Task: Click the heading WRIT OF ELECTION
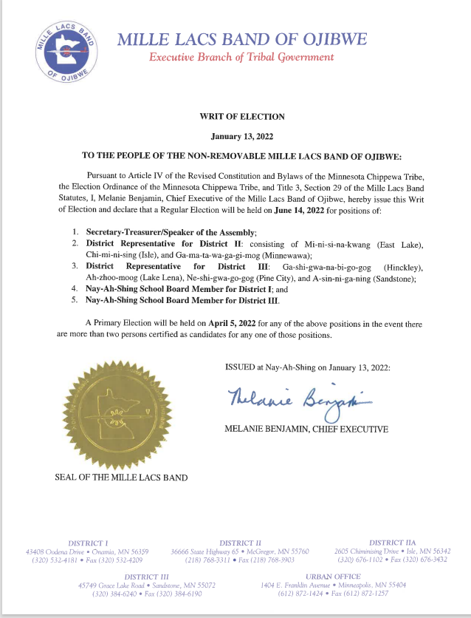click(242, 116)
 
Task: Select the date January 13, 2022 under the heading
click(242, 137)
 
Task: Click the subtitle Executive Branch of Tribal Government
click(241, 57)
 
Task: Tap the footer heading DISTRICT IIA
click(395, 543)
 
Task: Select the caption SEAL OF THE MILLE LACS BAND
click(121, 478)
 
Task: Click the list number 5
click(75, 300)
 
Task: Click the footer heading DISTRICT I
click(88, 543)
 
